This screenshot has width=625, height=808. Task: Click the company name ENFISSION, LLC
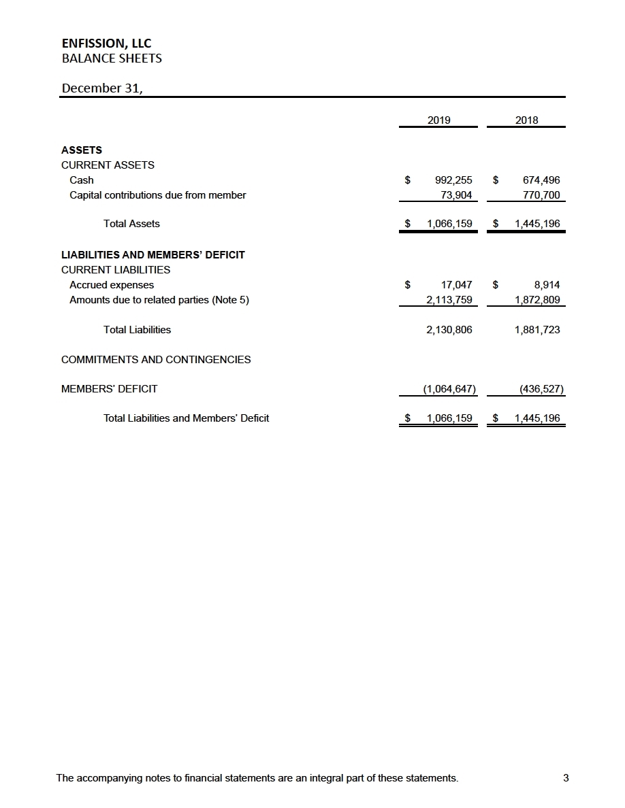[106, 44]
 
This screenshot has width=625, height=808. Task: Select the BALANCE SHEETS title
[112, 58]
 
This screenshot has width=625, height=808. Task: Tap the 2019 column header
[438, 120]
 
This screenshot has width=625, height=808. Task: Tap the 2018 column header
[526, 120]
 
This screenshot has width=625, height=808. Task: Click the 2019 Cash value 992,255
[453, 180]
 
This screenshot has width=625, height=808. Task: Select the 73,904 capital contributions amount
[458, 195]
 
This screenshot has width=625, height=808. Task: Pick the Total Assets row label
[131, 223]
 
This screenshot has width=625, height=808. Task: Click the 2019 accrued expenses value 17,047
[458, 285]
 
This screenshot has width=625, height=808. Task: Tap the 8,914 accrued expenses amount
[547, 285]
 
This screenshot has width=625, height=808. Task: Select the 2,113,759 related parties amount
[447, 300]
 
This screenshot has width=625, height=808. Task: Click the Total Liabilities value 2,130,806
[447, 330]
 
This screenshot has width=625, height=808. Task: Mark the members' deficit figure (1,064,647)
[449, 389]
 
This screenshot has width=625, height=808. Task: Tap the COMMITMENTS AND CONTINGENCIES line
[156, 359]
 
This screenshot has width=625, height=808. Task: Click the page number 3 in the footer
[566, 778]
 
